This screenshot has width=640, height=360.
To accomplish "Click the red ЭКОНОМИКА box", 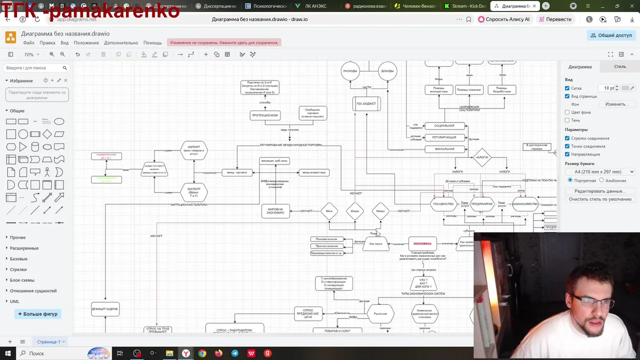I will tap(422, 243).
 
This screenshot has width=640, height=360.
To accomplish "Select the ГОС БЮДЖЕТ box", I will tap(366, 104).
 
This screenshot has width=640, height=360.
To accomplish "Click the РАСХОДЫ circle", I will tap(350, 71).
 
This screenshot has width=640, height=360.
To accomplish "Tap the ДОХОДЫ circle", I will tap(387, 71).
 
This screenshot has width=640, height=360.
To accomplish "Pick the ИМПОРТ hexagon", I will tap(193, 150).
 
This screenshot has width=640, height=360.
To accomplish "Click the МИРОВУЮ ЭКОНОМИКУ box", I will tap(275, 211).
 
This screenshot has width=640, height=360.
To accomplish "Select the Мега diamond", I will tap(329, 211).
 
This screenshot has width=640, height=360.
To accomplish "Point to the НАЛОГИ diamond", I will tap(482, 157).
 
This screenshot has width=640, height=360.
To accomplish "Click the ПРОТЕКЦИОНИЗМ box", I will tap(265, 115).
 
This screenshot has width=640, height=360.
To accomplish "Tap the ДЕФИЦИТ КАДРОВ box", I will tap(105, 309).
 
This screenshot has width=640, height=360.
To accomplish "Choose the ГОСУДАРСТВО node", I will tap(443, 204).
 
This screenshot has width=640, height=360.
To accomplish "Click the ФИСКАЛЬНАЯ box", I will tap(444, 149).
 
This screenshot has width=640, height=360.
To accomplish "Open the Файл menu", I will tap(28, 43).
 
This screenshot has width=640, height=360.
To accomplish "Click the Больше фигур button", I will tap(38, 314).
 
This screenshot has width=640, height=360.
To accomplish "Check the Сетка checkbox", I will tap(567, 88).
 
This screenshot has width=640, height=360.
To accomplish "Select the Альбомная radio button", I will tap(601, 180).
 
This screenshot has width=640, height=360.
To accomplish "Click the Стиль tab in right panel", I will tap(619, 66).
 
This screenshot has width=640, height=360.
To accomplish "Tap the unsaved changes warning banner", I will tap(224, 43).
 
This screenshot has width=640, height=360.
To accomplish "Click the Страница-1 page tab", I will tap(48, 341).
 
